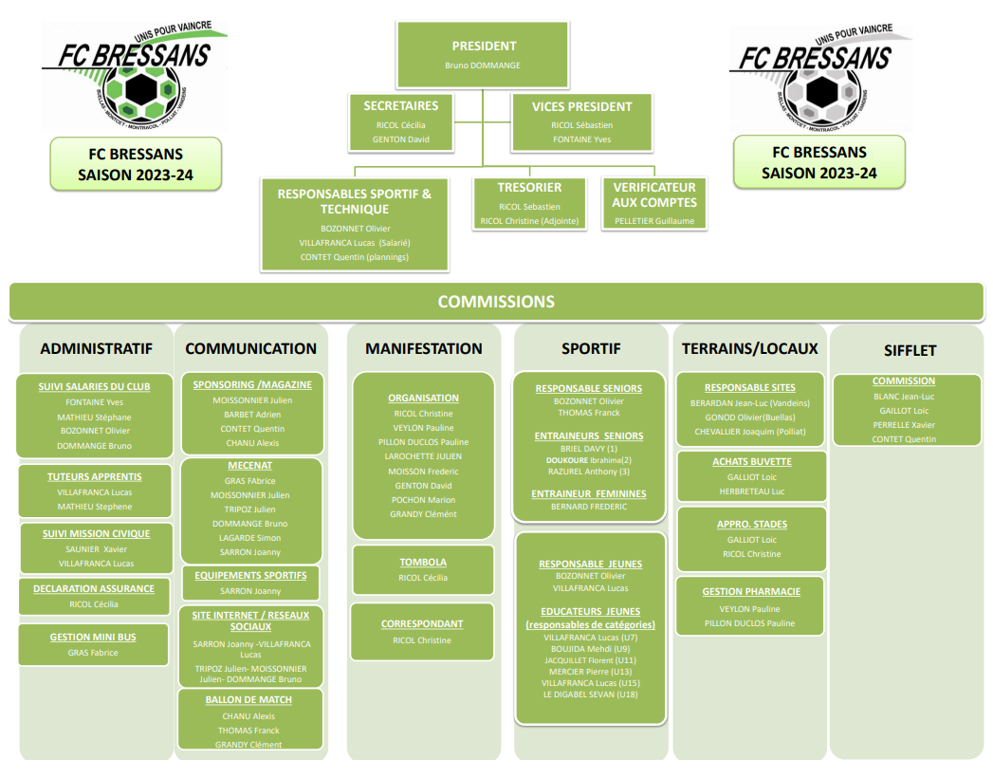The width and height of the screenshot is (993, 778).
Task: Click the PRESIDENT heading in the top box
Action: tap(484, 46)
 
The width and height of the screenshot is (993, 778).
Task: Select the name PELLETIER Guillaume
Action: tap(653, 221)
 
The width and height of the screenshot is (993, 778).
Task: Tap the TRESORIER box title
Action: tap(529, 188)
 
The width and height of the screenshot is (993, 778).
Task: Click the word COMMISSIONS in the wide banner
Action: tap(495, 302)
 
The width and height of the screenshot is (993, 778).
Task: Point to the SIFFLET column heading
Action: tap(909, 350)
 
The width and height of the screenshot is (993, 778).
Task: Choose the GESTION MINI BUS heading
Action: tap(93, 638)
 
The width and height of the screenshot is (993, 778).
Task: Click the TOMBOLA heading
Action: tap(423, 563)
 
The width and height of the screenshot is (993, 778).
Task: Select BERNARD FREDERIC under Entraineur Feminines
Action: tap(589, 507)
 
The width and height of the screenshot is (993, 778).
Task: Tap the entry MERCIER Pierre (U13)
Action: tap(589, 672)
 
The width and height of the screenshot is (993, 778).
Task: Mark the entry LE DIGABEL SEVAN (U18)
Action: tap(589, 695)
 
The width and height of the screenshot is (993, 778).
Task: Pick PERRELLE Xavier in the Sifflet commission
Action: tap(903, 425)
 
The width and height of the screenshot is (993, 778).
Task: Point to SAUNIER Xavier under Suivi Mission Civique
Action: tap(96, 549)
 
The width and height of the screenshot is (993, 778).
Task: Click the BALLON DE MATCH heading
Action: tap(248, 700)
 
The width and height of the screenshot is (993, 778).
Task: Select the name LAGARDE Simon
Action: tap(250, 538)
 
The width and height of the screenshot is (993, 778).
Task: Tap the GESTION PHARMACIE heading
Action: tap(750, 592)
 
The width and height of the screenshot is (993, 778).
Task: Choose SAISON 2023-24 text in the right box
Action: tap(818, 173)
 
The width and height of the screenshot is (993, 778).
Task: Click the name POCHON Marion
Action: tap(423, 500)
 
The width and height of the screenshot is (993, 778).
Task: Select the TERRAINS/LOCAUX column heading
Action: tap(749, 349)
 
